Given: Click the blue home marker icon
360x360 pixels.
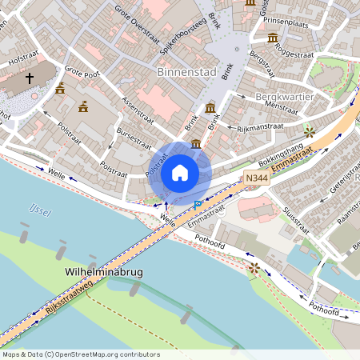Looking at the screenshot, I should tap(180, 173).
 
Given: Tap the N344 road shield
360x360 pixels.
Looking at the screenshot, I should tap(256, 178).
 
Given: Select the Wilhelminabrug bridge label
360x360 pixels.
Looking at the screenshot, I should tap(102, 273).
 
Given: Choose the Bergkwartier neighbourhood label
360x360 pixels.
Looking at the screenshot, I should tap(282, 96).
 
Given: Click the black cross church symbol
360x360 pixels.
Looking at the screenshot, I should tap(30, 78).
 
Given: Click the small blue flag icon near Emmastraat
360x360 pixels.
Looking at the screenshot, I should tap(198, 205).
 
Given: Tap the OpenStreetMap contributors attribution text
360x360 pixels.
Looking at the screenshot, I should tap(81, 354).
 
